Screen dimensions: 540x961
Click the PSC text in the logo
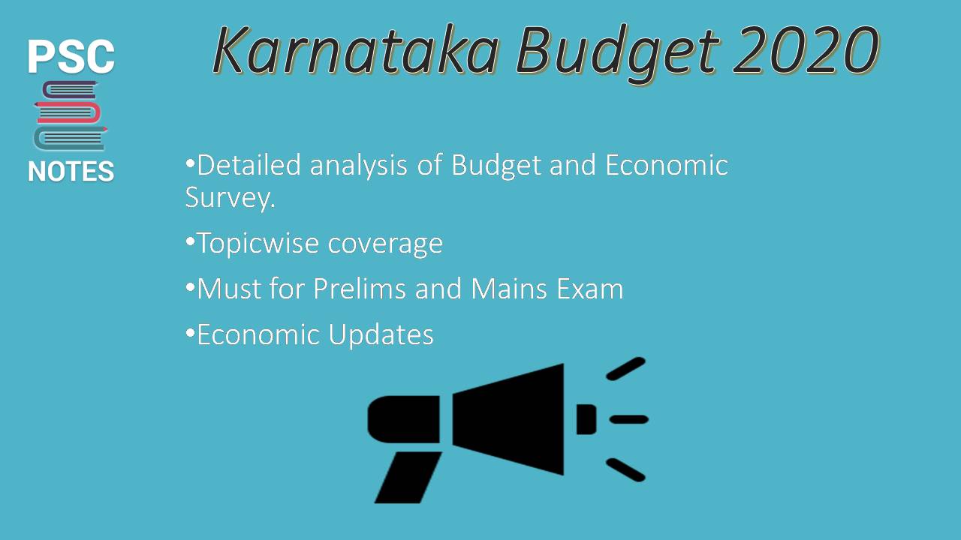tap(71, 57)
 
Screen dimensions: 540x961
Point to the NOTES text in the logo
tap(71, 172)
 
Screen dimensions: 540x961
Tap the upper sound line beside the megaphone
tap(625, 368)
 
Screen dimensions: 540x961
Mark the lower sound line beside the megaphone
tap(625, 469)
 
